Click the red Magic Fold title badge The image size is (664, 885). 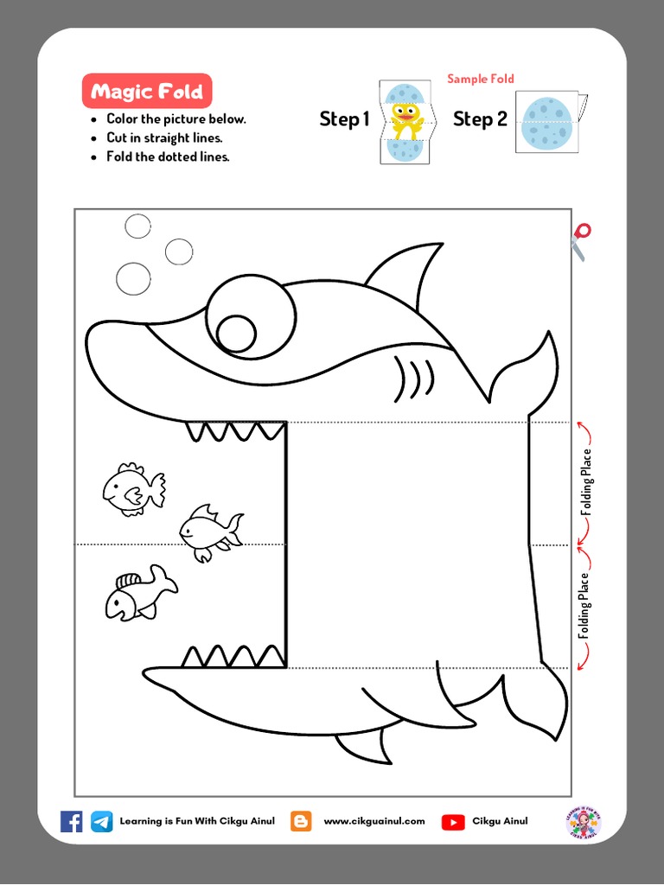(147, 92)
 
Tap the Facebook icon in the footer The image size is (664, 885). (72, 821)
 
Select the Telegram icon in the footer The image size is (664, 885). (102, 821)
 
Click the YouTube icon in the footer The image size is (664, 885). (453, 822)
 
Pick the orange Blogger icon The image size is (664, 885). (301, 821)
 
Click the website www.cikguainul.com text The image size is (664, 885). (374, 821)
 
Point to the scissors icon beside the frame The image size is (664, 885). (580, 241)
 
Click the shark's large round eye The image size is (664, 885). (251, 316)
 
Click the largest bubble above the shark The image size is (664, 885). (133, 278)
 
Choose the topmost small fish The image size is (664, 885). (133, 489)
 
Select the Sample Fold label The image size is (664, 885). (481, 79)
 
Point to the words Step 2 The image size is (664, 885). (480, 119)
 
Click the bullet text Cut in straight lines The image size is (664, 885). (164, 138)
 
